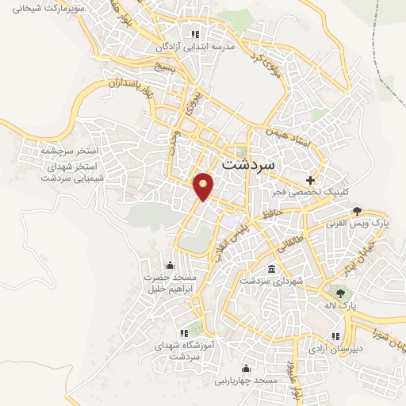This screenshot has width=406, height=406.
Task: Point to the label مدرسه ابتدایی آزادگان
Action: [200, 48]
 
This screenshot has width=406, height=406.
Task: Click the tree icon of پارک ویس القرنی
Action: [358, 211]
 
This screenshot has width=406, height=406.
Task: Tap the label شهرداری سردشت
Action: [266, 282]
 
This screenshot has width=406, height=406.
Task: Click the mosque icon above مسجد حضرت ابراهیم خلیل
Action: [169, 264]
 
